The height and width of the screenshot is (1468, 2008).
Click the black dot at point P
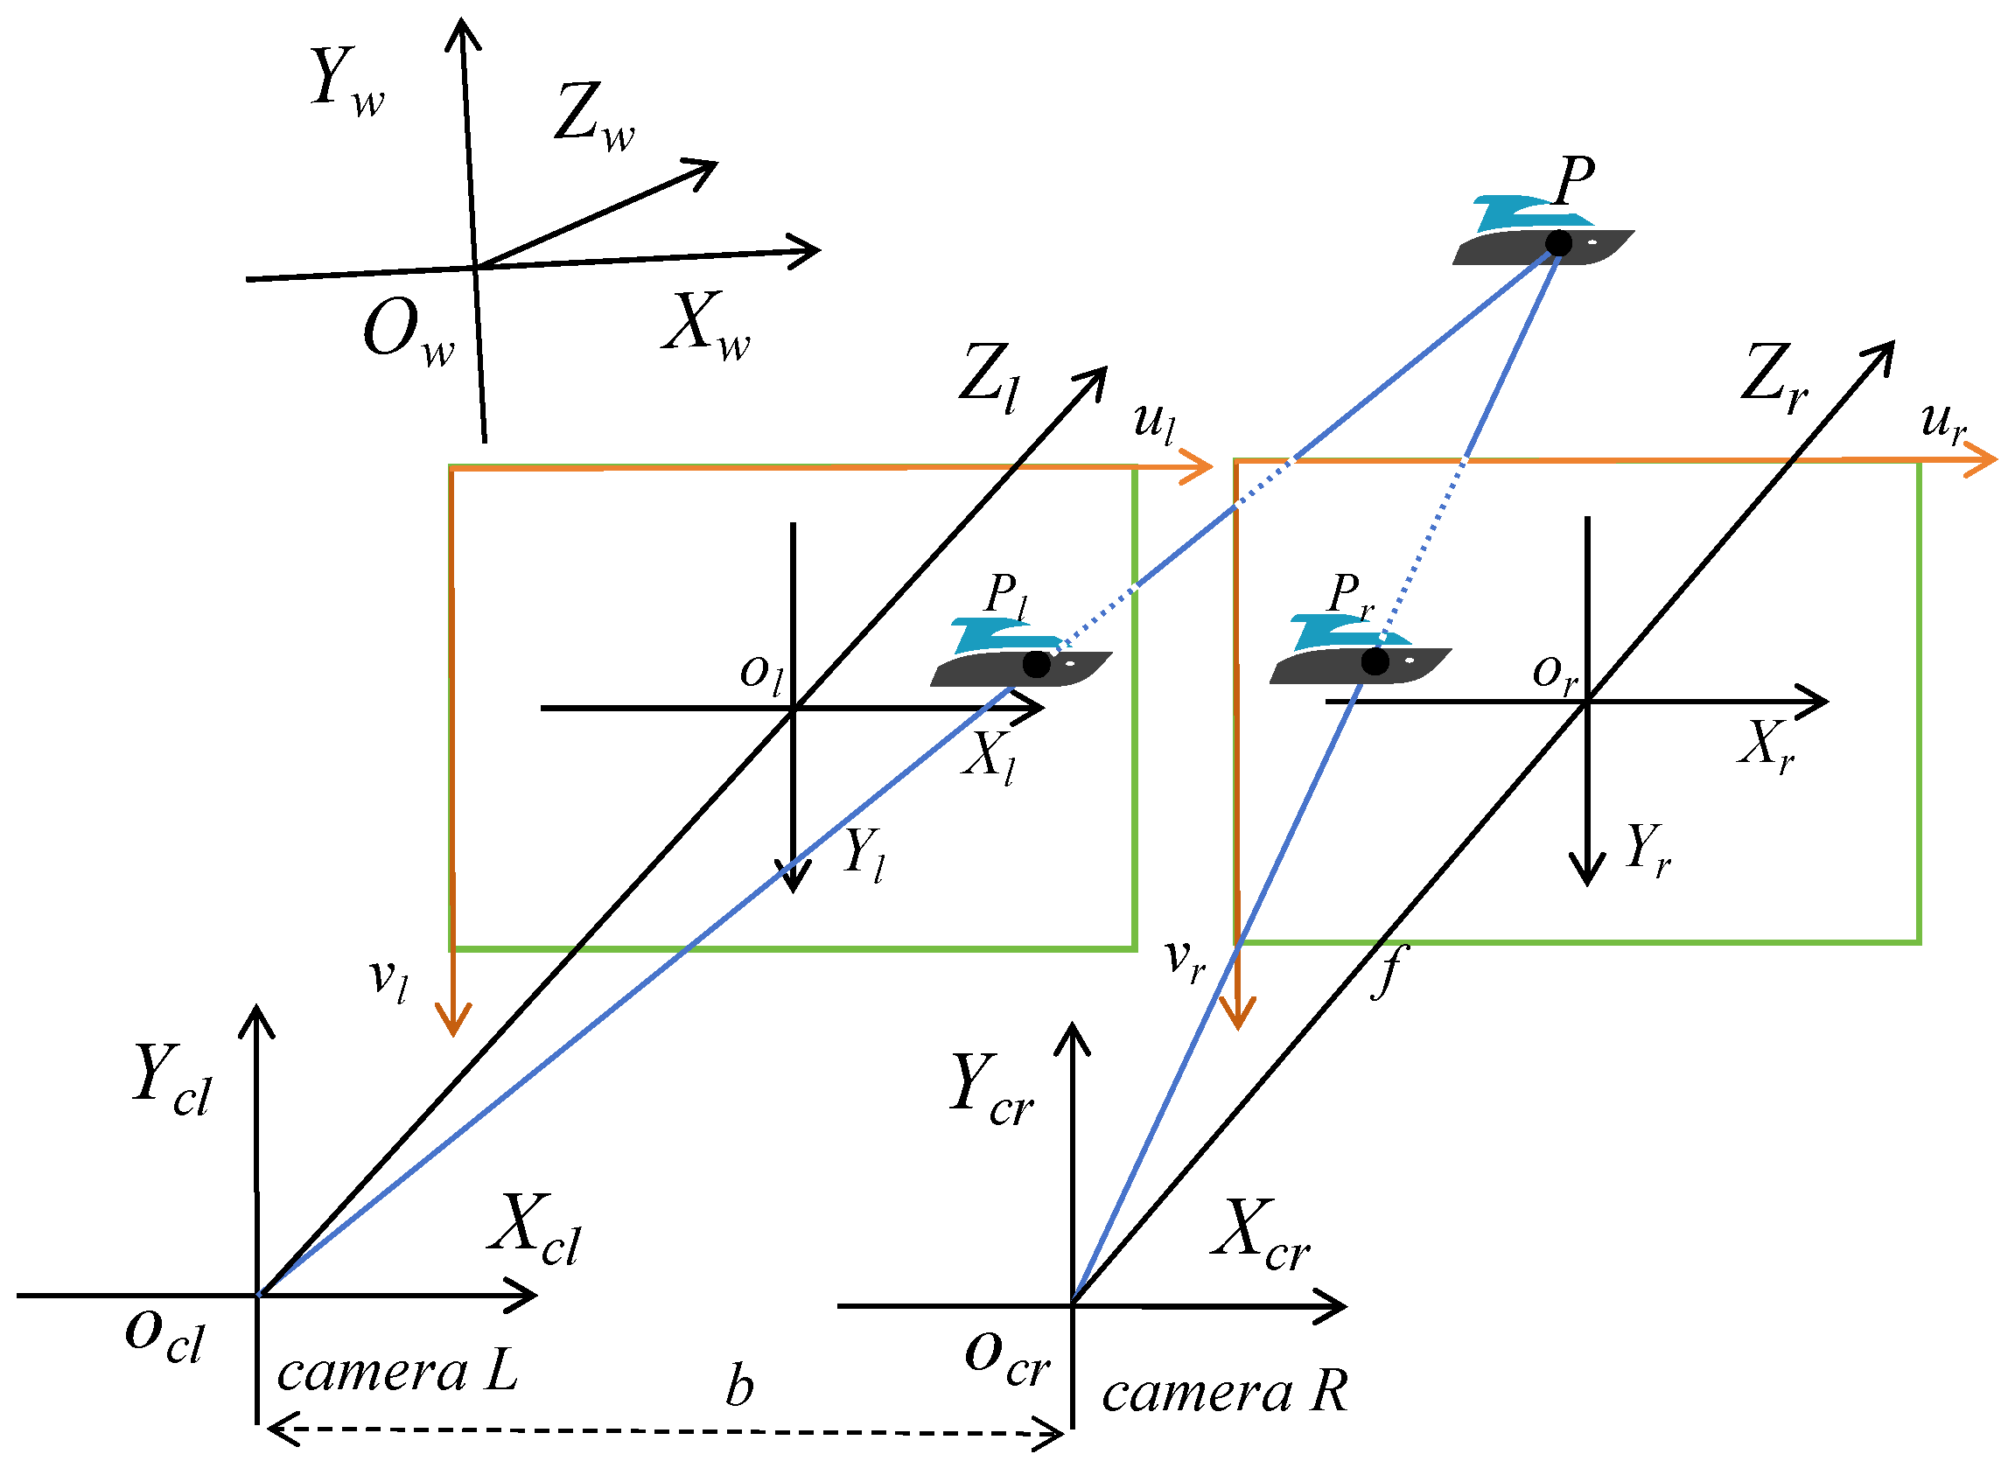point(1557,242)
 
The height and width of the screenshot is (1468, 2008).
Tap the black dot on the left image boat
point(1036,664)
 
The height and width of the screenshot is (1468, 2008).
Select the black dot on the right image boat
point(1375,661)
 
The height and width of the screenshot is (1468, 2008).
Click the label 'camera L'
point(396,1373)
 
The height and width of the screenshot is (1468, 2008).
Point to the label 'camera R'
point(1223,1392)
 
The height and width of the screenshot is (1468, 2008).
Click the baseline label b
point(738,1388)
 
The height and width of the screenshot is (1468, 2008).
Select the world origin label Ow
point(408,332)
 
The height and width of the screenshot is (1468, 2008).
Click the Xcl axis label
point(534,1232)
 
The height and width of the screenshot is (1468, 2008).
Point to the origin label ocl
point(165,1337)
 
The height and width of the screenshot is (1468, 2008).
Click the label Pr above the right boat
point(1350,594)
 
